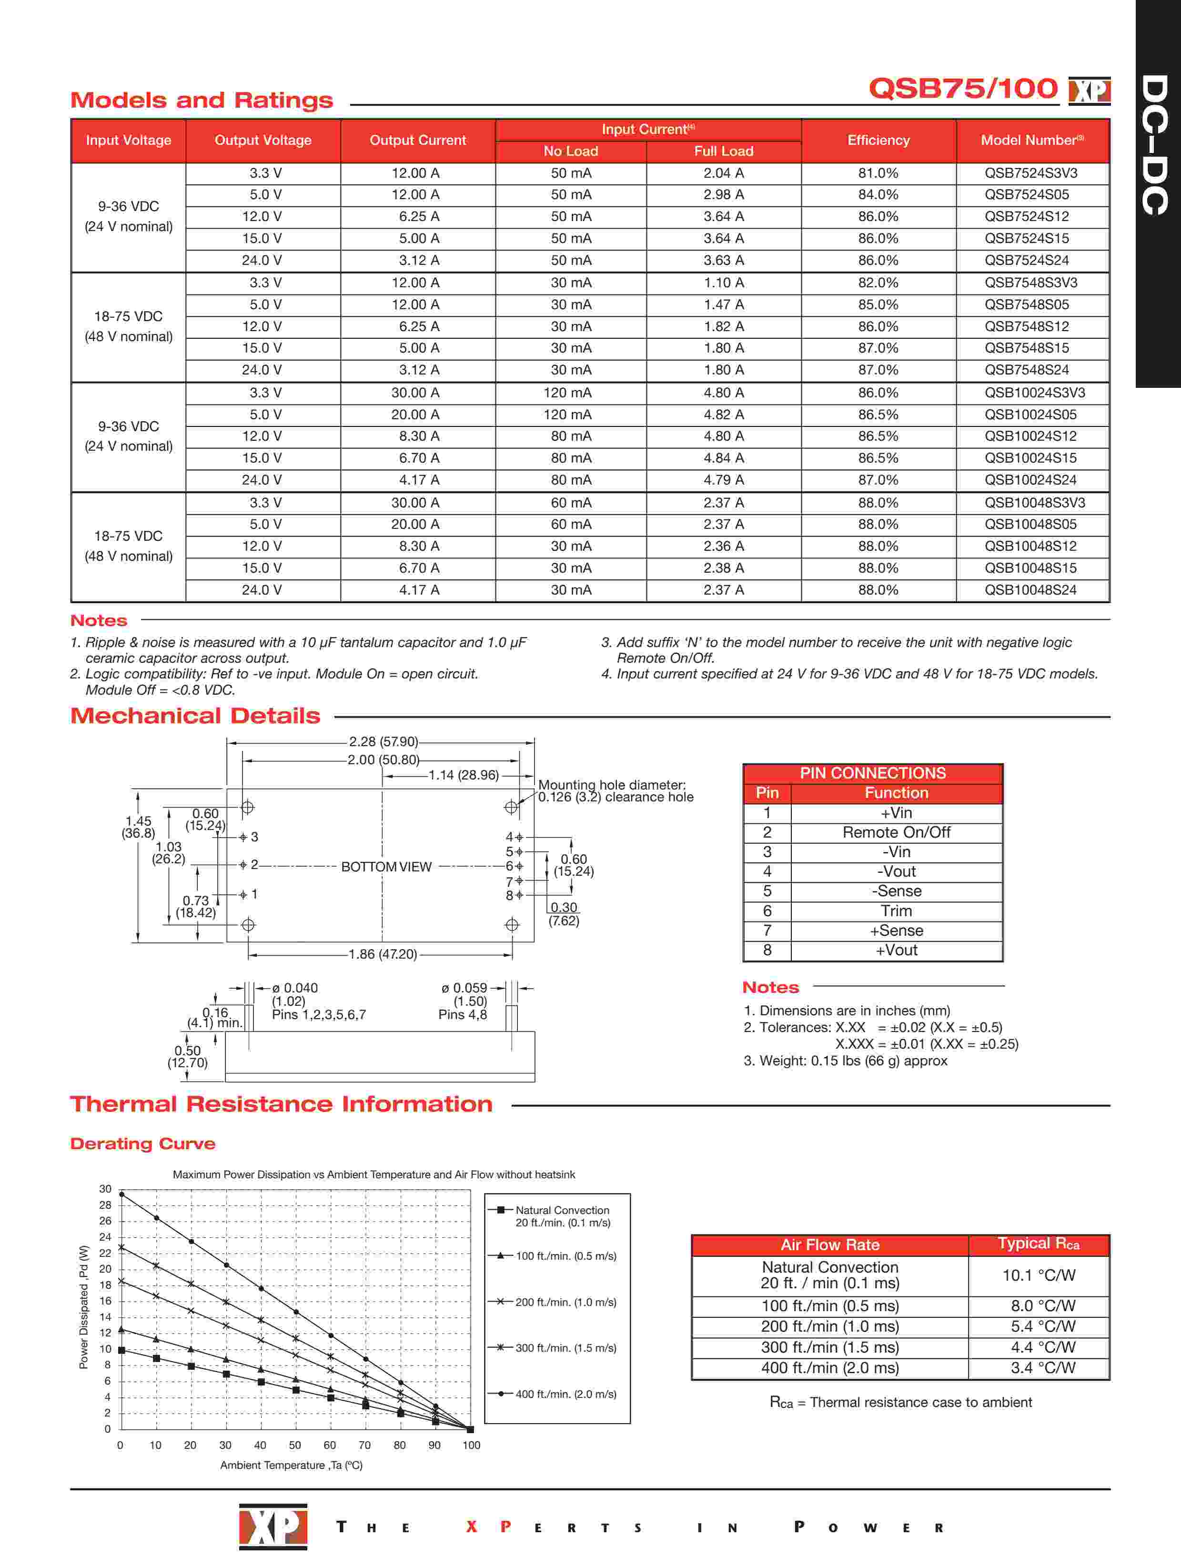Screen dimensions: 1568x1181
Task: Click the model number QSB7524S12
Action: click(x=1026, y=217)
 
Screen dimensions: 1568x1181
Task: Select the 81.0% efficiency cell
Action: click(x=878, y=173)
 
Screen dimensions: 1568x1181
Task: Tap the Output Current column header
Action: click(x=417, y=141)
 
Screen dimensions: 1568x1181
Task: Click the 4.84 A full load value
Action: click(x=723, y=458)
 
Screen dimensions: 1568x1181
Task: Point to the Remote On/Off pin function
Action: click(x=896, y=832)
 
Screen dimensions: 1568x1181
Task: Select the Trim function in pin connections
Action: click(x=896, y=911)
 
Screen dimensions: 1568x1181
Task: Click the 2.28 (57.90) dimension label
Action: click(x=383, y=741)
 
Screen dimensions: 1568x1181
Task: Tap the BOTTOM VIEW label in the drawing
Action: click(x=386, y=867)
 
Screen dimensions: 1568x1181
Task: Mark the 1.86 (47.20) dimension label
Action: click(x=383, y=954)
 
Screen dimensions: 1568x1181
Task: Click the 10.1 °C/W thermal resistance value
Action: click(x=1039, y=1275)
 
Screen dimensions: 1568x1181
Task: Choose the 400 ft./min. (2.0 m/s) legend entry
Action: click(x=565, y=1394)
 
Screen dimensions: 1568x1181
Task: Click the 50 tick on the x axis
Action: click(x=295, y=1446)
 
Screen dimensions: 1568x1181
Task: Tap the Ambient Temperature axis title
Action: click(x=292, y=1465)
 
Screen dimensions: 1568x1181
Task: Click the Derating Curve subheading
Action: click(x=142, y=1143)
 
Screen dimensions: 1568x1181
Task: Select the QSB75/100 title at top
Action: click(x=963, y=89)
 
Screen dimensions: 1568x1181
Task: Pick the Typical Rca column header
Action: click(x=1039, y=1244)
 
